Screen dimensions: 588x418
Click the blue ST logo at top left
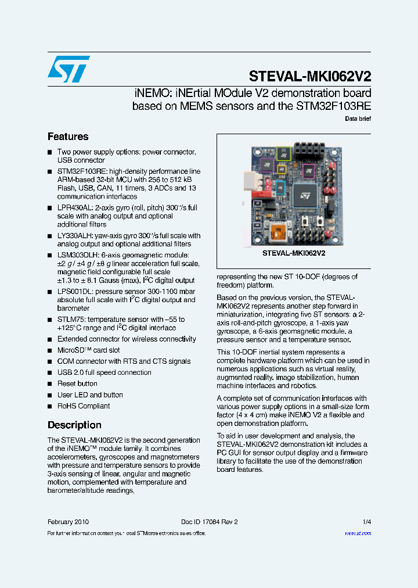click(x=69, y=69)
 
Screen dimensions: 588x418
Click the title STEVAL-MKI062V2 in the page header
click(x=309, y=76)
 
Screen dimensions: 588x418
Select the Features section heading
click(x=68, y=137)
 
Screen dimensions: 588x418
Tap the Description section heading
click(x=74, y=425)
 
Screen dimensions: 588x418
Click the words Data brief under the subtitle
click(x=358, y=119)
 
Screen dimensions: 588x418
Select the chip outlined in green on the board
click(x=283, y=153)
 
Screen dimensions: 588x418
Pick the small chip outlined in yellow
click(x=282, y=169)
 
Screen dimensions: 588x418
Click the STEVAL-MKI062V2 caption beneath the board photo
click(x=293, y=253)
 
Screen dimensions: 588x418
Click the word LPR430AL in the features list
click(x=74, y=207)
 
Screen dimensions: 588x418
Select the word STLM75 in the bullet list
click(x=71, y=320)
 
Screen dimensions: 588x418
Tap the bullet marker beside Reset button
click(x=50, y=383)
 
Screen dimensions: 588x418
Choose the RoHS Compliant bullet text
click(x=84, y=406)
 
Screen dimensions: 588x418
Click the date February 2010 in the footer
click(x=68, y=522)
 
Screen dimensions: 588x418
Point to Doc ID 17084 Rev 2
click(x=210, y=522)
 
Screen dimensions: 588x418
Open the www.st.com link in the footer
click(x=358, y=533)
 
